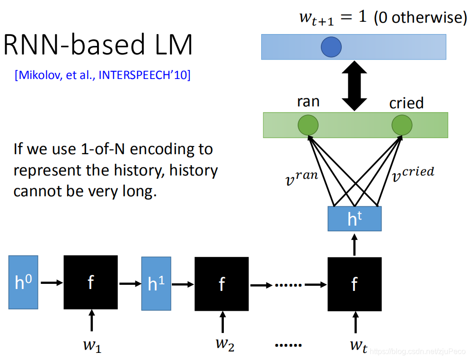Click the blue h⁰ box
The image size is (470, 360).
[22, 282]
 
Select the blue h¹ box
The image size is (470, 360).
[156, 283]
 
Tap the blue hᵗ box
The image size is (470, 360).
[354, 219]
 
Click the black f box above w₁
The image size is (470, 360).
[90, 282]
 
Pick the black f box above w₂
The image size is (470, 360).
[222, 283]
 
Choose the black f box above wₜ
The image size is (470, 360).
[354, 284]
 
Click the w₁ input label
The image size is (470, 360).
[92, 345]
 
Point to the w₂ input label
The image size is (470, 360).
[224, 344]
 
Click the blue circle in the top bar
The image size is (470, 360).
[331, 47]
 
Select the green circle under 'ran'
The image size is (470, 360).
[308, 125]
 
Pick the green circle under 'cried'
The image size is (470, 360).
[402, 125]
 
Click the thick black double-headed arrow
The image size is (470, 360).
[355, 86]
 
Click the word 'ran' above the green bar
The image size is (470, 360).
[308, 102]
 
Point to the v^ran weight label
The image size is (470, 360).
[301, 178]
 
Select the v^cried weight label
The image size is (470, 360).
[413, 175]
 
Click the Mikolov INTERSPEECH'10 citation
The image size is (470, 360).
[103, 75]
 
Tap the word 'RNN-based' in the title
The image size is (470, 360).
[66, 46]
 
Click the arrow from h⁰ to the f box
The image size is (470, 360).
[52, 283]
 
